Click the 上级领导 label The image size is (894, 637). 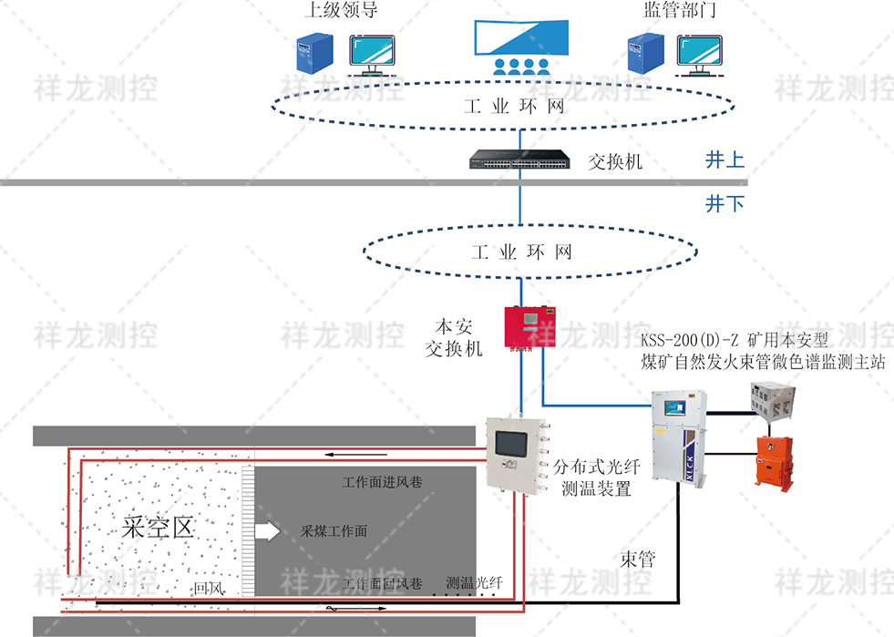[340, 12]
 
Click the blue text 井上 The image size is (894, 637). [724, 160]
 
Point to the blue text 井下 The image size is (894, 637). [724, 204]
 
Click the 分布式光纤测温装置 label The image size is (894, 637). [597, 478]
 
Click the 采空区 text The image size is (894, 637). [159, 528]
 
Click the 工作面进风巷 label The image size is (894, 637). [382, 481]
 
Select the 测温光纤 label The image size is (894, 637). [475, 582]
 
